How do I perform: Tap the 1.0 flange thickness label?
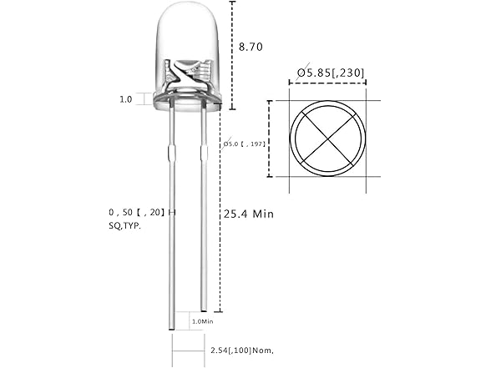(x=125, y=99)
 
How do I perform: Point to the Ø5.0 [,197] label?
(x=244, y=144)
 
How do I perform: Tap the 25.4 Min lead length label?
(x=249, y=214)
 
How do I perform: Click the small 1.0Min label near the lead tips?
(x=203, y=320)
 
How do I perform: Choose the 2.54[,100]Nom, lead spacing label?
(x=240, y=350)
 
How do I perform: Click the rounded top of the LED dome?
(x=187, y=10)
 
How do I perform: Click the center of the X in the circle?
(x=326, y=139)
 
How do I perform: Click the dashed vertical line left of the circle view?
(x=270, y=139)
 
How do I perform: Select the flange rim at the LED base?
(x=187, y=103)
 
